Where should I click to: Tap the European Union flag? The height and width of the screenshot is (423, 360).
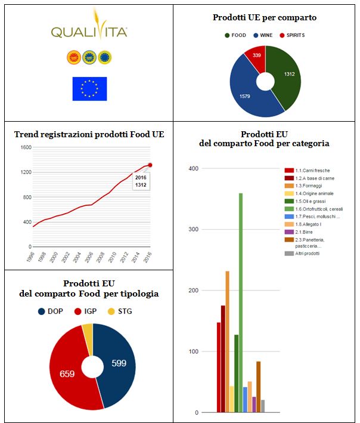point(89,88)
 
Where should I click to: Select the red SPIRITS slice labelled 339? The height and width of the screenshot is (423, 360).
point(255,56)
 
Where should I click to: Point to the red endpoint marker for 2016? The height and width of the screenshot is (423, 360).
point(150,165)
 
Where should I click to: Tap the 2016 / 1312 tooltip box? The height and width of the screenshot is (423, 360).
point(141,181)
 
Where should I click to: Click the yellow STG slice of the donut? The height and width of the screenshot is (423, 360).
point(87,332)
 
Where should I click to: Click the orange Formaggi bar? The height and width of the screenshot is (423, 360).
point(227,340)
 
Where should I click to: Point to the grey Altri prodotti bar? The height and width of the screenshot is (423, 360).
point(263,406)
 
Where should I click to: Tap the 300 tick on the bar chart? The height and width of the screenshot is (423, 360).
point(193,229)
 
